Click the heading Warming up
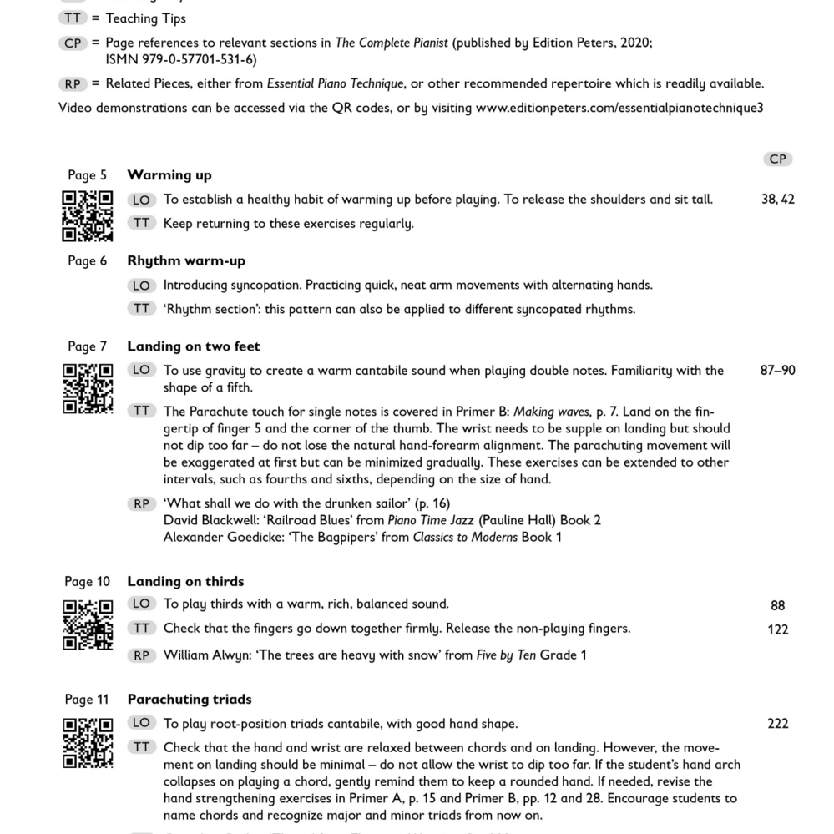tap(169, 175)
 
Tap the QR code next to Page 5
tap(88, 215)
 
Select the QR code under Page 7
tap(88, 388)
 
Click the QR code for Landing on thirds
tap(88, 624)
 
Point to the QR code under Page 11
tap(88, 742)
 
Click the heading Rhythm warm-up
tap(186, 261)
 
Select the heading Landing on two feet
tap(194, 346)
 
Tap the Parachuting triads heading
tap(190, 700)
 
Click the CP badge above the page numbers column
tap(777, 159)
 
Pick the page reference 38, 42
tap(778, 199)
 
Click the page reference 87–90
tap(777, 370)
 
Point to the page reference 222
tap(777, 724)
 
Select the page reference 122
tap(777, 629)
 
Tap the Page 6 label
tap(88, 261)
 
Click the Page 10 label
tap(87, 582)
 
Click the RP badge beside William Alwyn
tap(142, 655)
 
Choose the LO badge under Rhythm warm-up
tap(142, 286)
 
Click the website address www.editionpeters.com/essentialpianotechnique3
tap(619, 108)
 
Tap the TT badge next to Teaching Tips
tap(73, 18)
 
